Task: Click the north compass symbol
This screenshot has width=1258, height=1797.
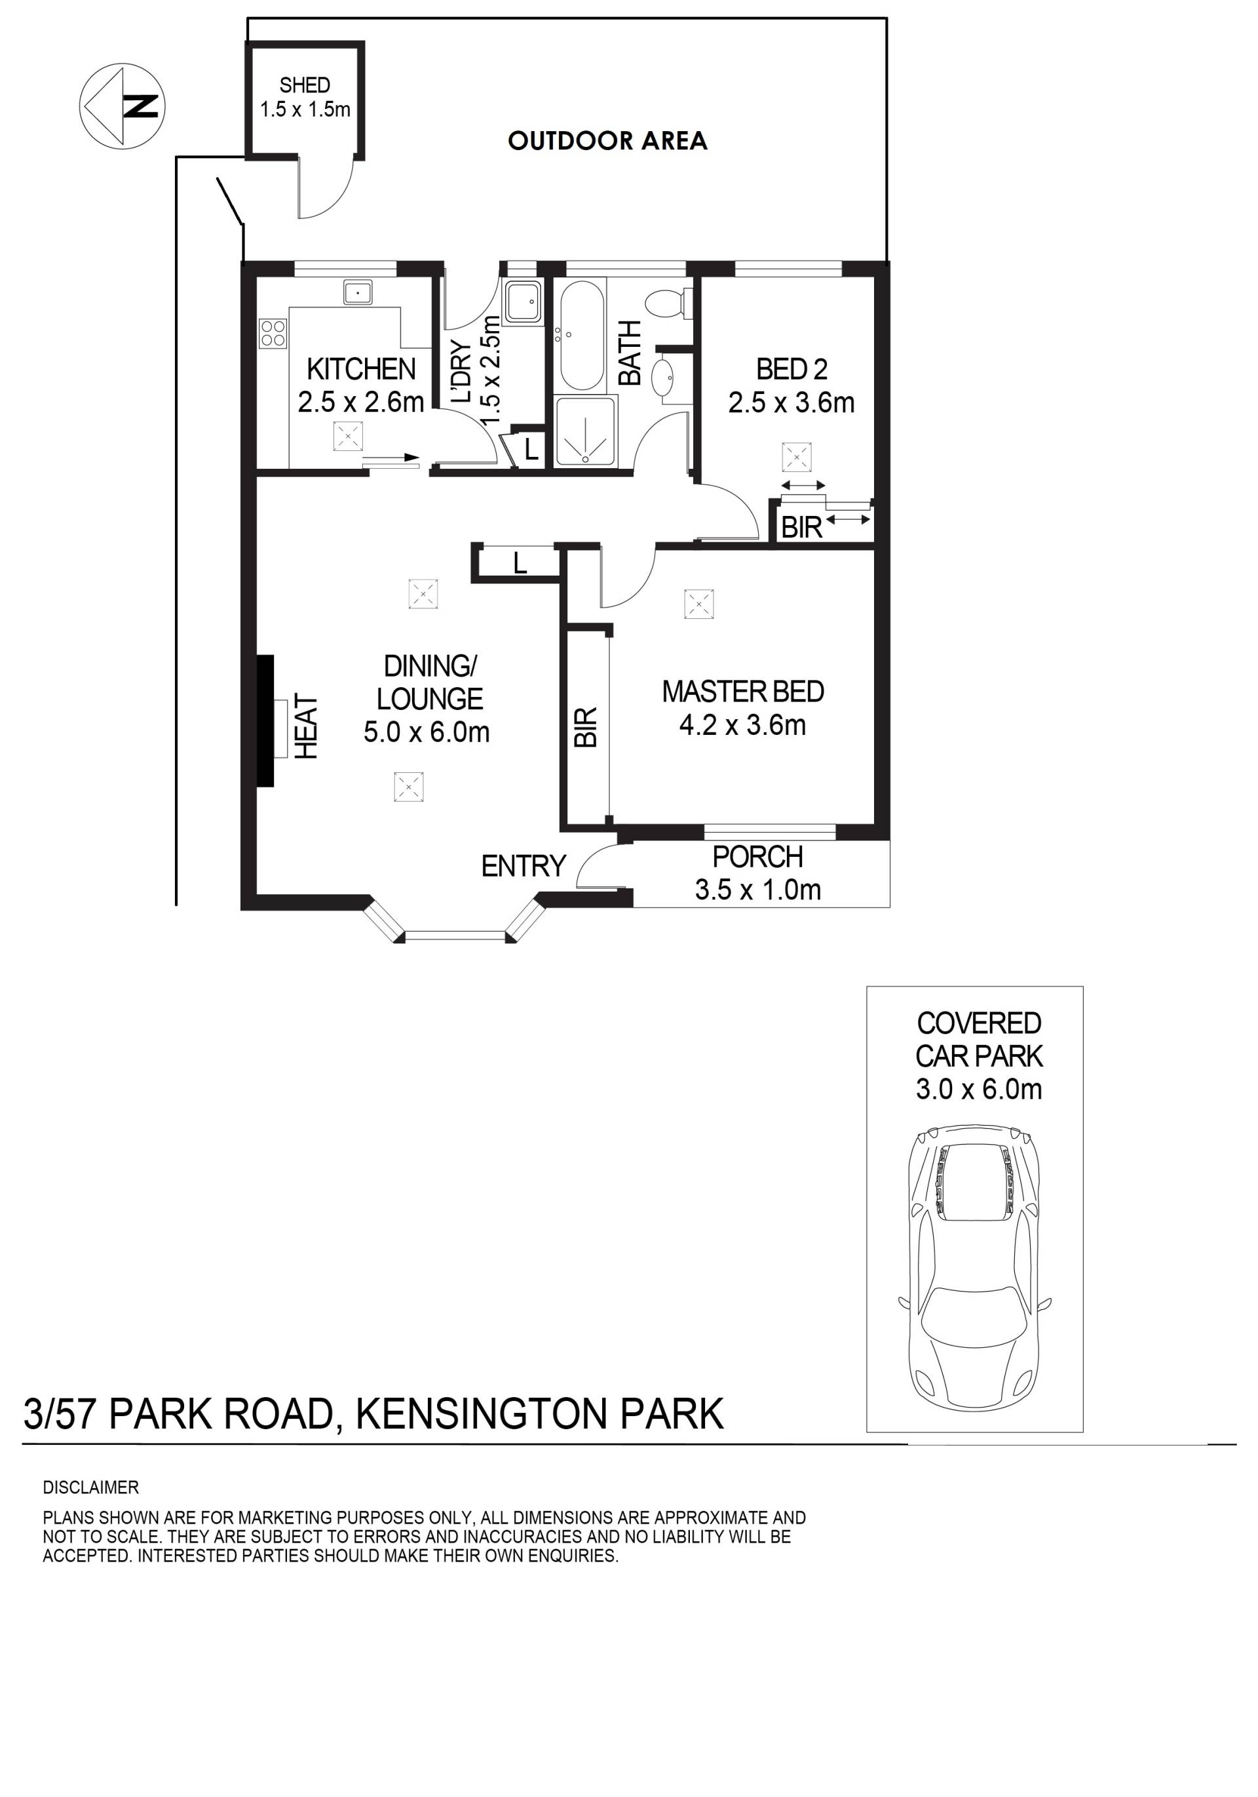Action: click(122, 106)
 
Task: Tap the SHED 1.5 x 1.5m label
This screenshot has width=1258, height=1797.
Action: click(305, 97)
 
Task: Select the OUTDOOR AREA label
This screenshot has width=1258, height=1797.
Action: click(607, 141)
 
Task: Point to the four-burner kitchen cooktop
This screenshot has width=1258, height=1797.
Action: click(273, 332)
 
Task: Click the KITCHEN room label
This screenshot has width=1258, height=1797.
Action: click(362, 368)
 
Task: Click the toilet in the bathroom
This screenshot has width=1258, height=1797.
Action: click(668, 302)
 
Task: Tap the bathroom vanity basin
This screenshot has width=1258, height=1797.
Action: click(664, 377)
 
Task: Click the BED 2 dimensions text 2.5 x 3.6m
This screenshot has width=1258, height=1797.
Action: click(791, 403)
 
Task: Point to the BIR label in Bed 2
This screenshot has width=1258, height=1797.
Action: click(802, 528)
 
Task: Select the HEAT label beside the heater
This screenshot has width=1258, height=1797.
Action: click(306, 726)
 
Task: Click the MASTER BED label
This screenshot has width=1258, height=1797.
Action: click(742, 692)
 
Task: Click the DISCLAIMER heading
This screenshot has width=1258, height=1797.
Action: click(91, 1488)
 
